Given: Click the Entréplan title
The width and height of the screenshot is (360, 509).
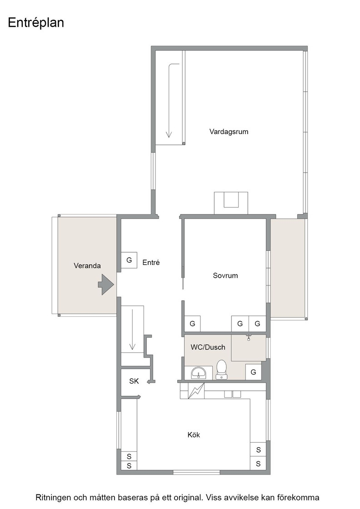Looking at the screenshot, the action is click(36, 23).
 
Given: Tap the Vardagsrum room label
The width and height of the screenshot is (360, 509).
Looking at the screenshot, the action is click(229, 132).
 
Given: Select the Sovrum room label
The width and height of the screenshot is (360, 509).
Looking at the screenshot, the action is click(225, 275).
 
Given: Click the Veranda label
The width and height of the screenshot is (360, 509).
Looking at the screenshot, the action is click(87, 266).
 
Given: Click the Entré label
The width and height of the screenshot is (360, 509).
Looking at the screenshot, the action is click(151, 263).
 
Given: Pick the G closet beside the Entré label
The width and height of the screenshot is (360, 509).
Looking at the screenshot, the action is click(129, 260).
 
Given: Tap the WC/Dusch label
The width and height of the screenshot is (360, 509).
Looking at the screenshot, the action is click(208, 347).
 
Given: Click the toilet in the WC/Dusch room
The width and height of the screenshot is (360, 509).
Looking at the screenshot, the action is click(222, 369).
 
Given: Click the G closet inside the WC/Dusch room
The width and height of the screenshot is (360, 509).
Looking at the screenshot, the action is click(253, 372).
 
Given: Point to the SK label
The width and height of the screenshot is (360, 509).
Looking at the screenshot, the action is click(134, 381).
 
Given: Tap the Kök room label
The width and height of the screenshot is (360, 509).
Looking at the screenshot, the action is click(194, 435).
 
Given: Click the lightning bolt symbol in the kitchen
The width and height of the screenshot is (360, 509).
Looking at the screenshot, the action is click(196, 391).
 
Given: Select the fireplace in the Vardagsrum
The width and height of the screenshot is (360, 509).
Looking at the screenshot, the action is click(231, 203).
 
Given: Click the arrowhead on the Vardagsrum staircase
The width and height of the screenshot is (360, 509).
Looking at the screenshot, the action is click(169, 134).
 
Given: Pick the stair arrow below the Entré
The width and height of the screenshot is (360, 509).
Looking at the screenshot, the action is click(132, 329).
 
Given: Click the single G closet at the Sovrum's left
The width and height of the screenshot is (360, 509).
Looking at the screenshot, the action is click(192, 324).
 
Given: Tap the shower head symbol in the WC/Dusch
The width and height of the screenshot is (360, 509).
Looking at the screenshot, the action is click(249, 337).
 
